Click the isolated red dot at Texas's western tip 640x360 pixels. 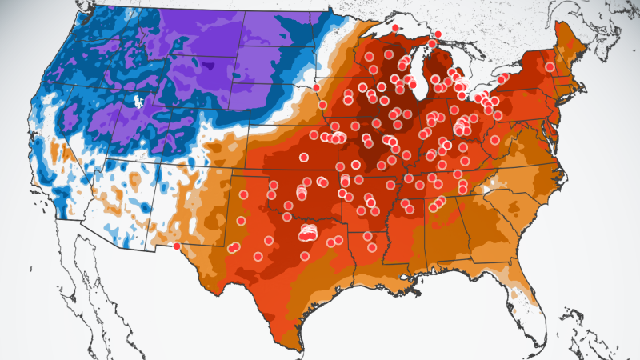tap(177, 246)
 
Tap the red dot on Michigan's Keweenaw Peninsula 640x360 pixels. tap(395, 28)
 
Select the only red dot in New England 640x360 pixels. tap(550, 67)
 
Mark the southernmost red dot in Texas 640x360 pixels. tap(305, 256)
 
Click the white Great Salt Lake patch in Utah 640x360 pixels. tap(139, 102)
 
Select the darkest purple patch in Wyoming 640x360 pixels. tap(210, 66)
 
